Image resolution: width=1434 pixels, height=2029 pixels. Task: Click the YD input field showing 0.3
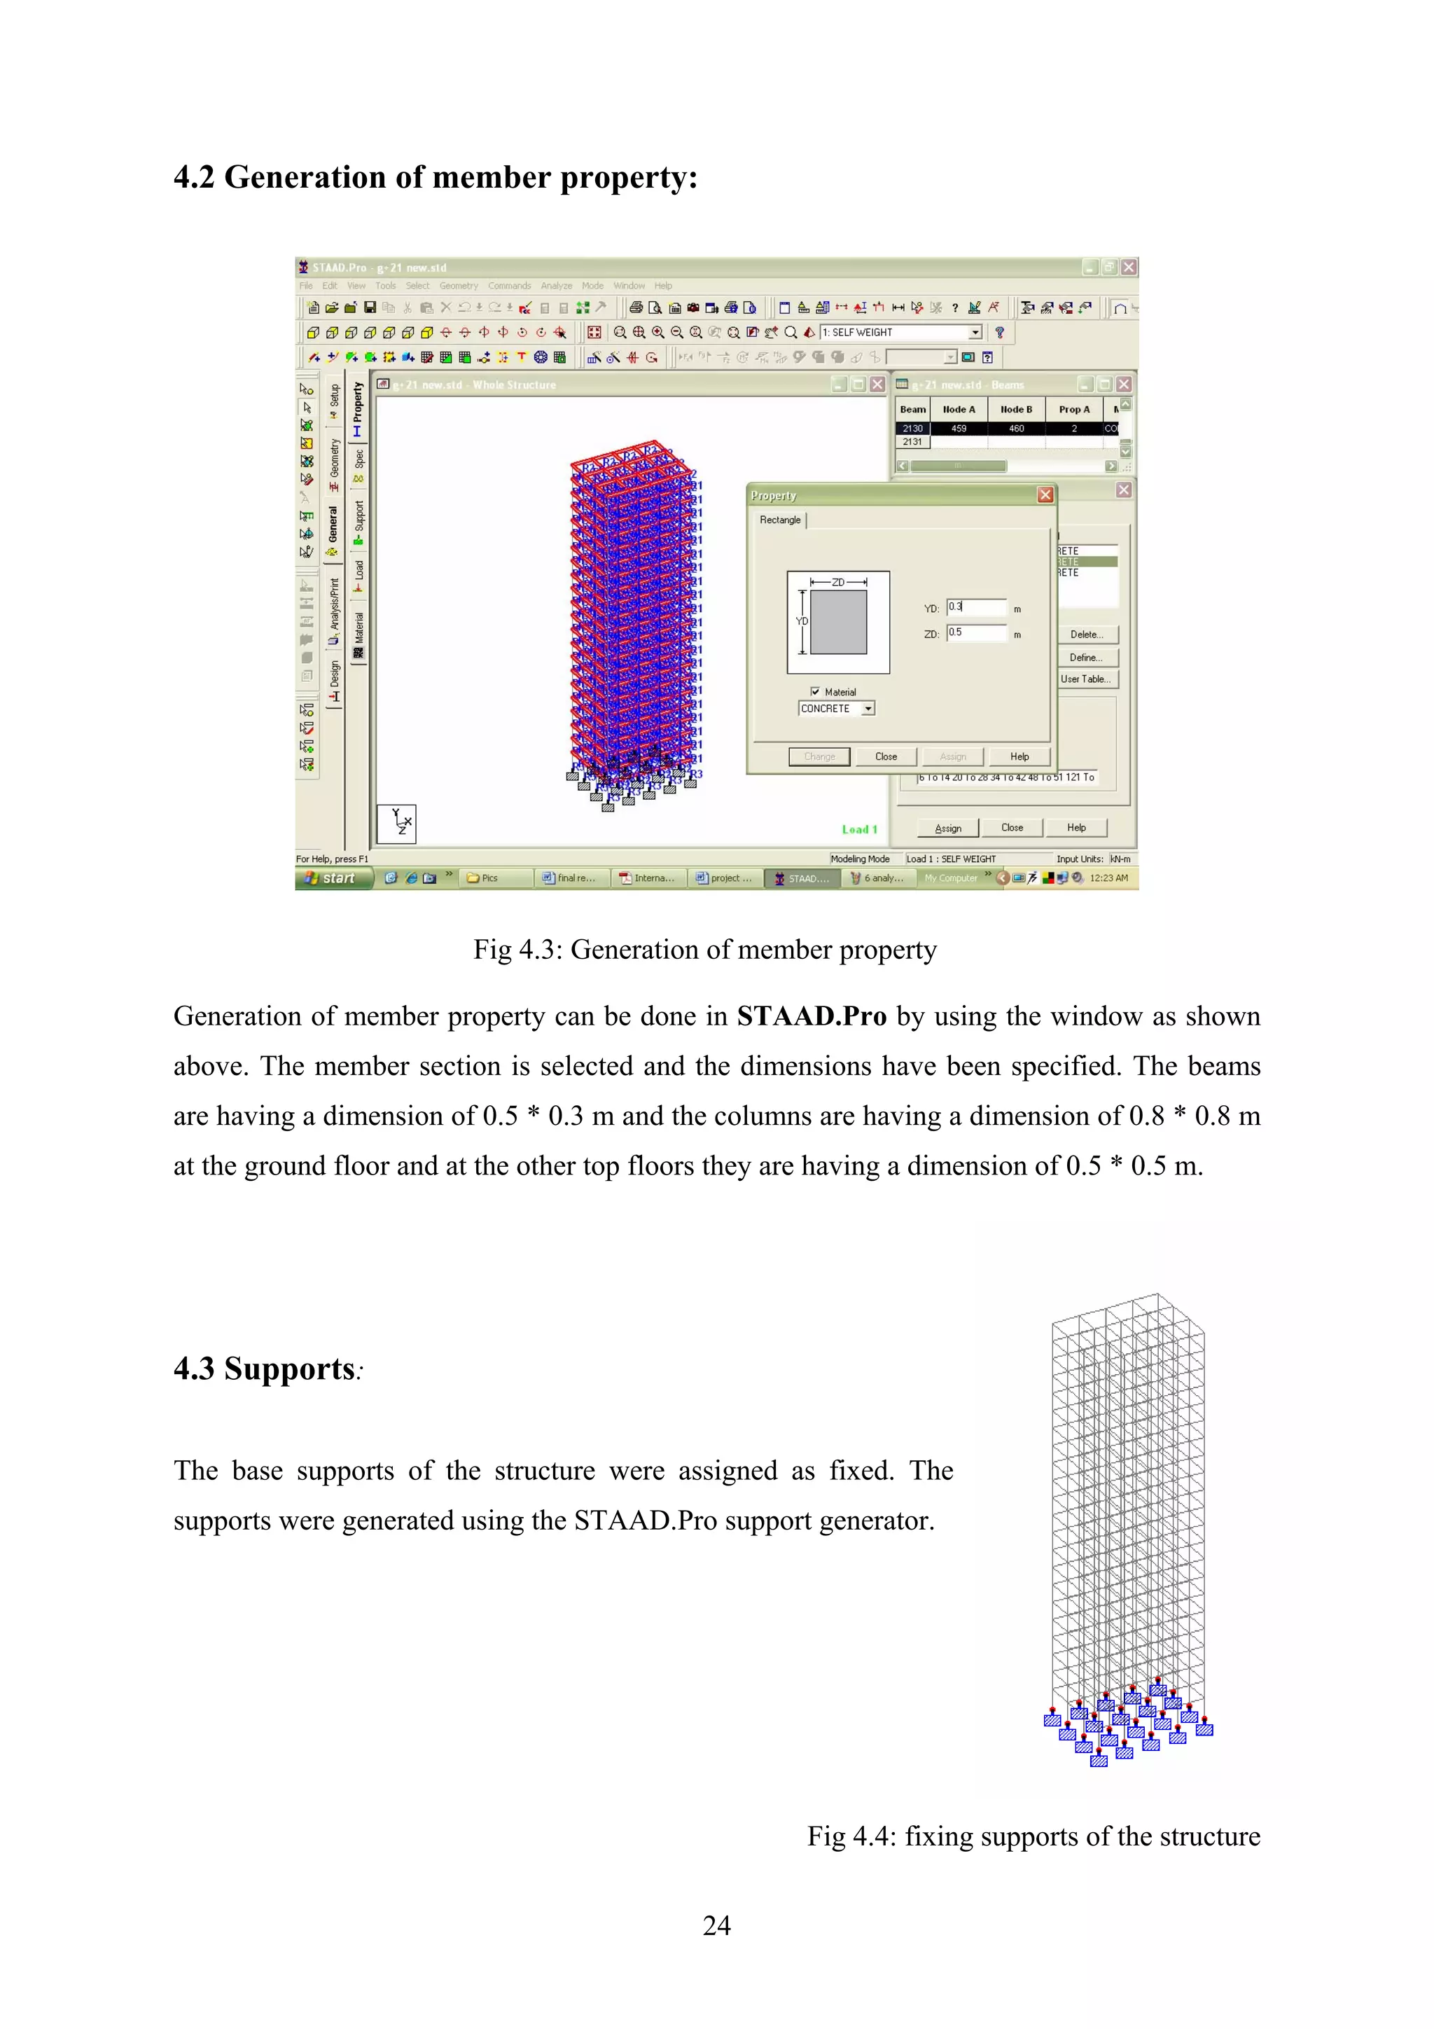[975, 607]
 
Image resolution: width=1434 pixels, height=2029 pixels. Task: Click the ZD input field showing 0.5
[975, 632]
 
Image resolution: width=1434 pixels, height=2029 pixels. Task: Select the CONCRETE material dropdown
[836, 709]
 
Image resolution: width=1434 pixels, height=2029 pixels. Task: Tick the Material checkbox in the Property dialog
[814, 692]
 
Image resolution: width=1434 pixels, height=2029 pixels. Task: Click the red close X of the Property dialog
[1045, 495]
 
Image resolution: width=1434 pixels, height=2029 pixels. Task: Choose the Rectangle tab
[780, 520]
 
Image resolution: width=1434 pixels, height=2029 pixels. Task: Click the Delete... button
[1086, 635]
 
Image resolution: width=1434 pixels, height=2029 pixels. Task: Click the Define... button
[1086, 658]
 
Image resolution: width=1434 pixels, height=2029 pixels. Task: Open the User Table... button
[1086, 679]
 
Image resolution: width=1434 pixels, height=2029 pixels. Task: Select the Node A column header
[959, 410]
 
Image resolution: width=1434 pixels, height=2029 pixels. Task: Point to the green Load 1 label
[859, 830]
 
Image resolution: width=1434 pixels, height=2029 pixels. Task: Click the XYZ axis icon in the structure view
[397, 824]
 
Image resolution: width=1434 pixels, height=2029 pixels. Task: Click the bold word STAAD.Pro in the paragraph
[811, 1016]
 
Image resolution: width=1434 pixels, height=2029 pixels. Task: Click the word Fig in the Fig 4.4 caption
[826, 1836]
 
